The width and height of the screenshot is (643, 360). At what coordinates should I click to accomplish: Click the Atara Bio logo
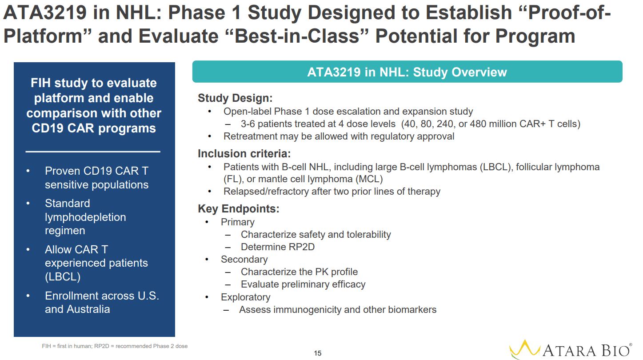click(x=571, y=350)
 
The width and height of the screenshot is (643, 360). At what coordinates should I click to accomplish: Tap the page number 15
click(x=317, y=353)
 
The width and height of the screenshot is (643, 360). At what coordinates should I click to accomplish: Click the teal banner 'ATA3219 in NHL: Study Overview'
click(x=407, y=72)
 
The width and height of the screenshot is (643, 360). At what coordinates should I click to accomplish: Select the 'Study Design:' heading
click(x=235, y=98)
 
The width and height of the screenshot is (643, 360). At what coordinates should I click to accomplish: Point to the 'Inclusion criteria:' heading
click(x=244, y=154)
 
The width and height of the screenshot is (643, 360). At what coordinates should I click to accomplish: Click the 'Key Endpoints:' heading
click(x=238, y=209)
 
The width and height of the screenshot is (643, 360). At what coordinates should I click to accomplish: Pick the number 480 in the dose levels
click(x=478, y=124)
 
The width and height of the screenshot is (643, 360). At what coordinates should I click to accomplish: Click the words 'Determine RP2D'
click(x=277, y=247)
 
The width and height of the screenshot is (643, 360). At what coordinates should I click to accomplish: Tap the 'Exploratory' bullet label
click(x=245, y=297)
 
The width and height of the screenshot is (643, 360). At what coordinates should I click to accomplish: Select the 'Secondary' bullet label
click(x=244, y=260)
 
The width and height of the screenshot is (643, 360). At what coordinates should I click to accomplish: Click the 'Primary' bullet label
click(x=237, y=222)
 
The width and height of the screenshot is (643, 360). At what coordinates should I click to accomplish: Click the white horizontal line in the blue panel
click(x=93, y=152)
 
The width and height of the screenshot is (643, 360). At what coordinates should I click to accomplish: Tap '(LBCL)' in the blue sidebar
click(x=63, y=277)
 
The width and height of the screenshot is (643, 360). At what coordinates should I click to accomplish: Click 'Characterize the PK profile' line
click(x=299, y=272)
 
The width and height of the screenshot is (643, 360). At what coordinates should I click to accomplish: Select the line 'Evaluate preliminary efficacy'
click(x=303, y=284)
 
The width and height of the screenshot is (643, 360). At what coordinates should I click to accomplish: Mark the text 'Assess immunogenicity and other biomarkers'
click(x=338, y=310)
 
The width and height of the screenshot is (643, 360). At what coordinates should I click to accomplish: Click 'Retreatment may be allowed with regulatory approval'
click(x=339, y=136)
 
